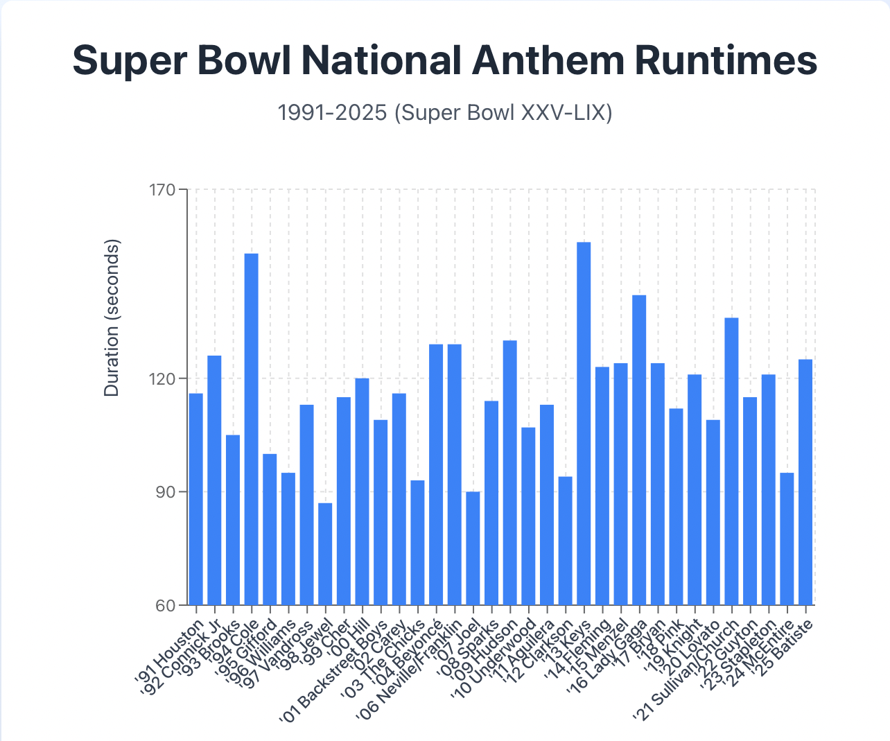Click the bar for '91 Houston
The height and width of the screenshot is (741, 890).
[x=196, y=499]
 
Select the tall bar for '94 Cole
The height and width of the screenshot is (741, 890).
[x=252, y=429]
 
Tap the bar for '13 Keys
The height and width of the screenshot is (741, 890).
[x=584, y=424]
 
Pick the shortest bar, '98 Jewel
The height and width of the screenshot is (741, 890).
[x=325, y=554]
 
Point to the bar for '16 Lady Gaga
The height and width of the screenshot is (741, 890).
[x=639, y=450]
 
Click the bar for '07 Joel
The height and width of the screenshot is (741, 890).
[x=473, y=548]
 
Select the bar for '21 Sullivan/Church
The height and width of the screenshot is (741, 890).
[x=731, y=461]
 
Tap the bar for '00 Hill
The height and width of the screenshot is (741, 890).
[x=362, y=491]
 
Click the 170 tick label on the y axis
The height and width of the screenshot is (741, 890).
[x=164, y=189]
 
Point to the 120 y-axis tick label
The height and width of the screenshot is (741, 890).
[x=164, y=378]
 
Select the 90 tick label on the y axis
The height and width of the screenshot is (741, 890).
[x=168, y=492]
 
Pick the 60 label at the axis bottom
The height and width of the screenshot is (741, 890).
[x=168, y=606]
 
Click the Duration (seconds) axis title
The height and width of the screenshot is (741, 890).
[x=112, y=318]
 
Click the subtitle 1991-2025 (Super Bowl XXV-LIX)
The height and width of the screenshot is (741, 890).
[x=444, y=112]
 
